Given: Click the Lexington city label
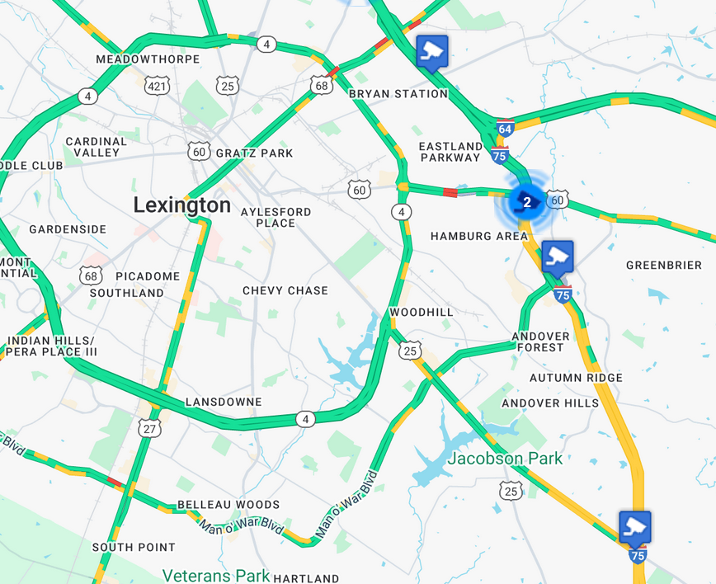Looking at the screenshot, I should click(x=182, y=205).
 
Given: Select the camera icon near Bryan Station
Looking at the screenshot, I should click(x=431, y=51).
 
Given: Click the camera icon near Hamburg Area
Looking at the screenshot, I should click(x=558, y=257).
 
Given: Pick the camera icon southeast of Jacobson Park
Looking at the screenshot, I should click(x=635, y=526).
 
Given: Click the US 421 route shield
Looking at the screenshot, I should click(x=155, y=85).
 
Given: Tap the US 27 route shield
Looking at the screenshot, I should click(x=149, y=428).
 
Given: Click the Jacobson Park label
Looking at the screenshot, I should click(x=506, y=459).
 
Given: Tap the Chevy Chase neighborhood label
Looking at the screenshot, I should click(x=285, y=290).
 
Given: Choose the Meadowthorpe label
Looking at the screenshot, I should click(x=148, y=59).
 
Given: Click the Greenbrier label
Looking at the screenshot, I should click(x=664, y=265).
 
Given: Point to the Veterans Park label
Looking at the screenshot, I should click(x=216, y=575).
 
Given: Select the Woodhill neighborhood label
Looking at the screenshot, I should click(x=422, y=313).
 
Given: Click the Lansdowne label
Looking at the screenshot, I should click(x=224, y=402).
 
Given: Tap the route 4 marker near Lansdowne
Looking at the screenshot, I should click(x=306, y=420).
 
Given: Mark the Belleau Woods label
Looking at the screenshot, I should click(x=228, y=505).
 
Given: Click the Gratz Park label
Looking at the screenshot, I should click(x=254, y=153).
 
